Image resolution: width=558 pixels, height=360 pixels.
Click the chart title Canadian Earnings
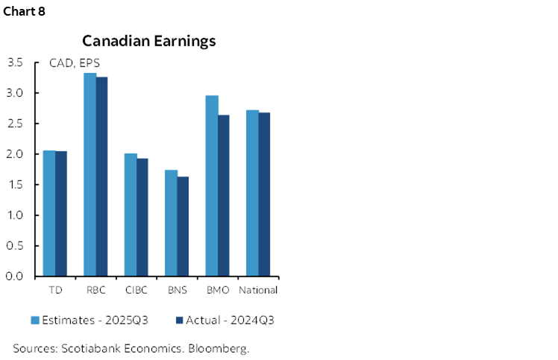click(148, 41)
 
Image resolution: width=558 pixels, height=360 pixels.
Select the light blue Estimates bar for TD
click(49, 213)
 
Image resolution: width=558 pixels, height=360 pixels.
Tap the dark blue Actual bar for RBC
click(102, 177)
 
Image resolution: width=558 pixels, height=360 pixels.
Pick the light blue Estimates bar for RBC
click(90, 174)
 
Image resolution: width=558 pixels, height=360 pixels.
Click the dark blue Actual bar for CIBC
click(142, 217)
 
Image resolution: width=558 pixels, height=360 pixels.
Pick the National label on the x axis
click(258, 290)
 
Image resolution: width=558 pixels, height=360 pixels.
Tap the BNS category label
click(177, 290)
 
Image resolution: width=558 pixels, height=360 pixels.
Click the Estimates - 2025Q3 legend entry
click(89, 320)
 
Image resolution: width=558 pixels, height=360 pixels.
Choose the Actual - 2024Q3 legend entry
click(226, 320)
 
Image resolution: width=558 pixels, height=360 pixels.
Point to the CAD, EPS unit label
click(75, 63)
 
